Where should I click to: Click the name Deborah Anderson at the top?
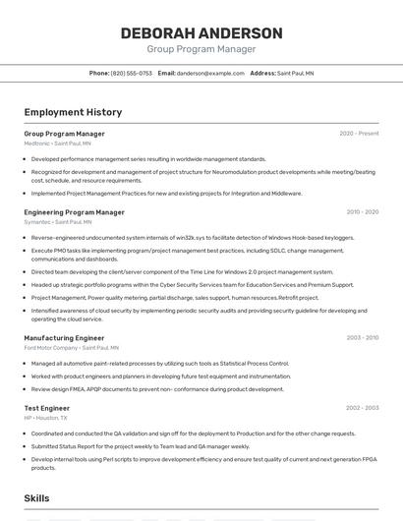click(x=201, y=33)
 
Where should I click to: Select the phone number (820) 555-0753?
click(x=132, y=74)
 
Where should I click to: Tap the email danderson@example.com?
click(x=210, y=74)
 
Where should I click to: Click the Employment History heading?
click(x=73, y=113)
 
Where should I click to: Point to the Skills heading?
click(x=37, y=499)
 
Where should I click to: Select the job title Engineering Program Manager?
click(x=74, y=212)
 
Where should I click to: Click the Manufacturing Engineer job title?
click(x=64, y=338)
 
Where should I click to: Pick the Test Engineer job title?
click(x=46, y=408)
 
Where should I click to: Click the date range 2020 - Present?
click(x=359, y=134)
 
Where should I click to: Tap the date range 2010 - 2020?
click(x=362, y=212)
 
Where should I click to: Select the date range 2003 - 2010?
click(x=362, y=338)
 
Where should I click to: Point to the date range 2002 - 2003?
click(x=362, y=408)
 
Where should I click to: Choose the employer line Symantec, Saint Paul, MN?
click(x=59, y=222)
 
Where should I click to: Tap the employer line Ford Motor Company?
click(x=65, y=348)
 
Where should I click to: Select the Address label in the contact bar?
click(x=262, y=74)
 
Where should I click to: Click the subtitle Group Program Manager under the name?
click(x=201, y=49)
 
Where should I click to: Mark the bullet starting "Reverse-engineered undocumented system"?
click(x=193, y=238)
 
